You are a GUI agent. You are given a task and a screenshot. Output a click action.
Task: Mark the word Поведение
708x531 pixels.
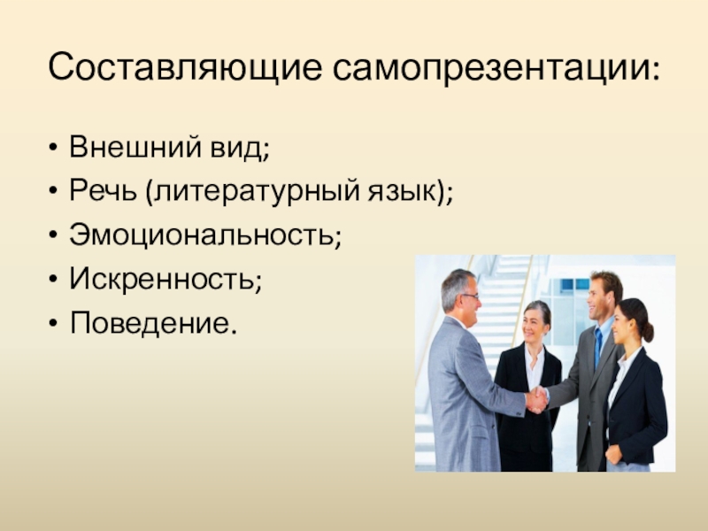151,326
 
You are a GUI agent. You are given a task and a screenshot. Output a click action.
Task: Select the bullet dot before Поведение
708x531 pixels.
55,327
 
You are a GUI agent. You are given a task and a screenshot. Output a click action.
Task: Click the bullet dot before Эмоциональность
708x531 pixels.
55,237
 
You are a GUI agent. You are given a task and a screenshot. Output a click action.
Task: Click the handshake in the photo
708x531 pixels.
536,400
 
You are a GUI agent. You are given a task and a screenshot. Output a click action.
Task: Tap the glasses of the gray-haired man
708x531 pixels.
470,296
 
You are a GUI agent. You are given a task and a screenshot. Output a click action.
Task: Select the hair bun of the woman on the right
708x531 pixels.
648,331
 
